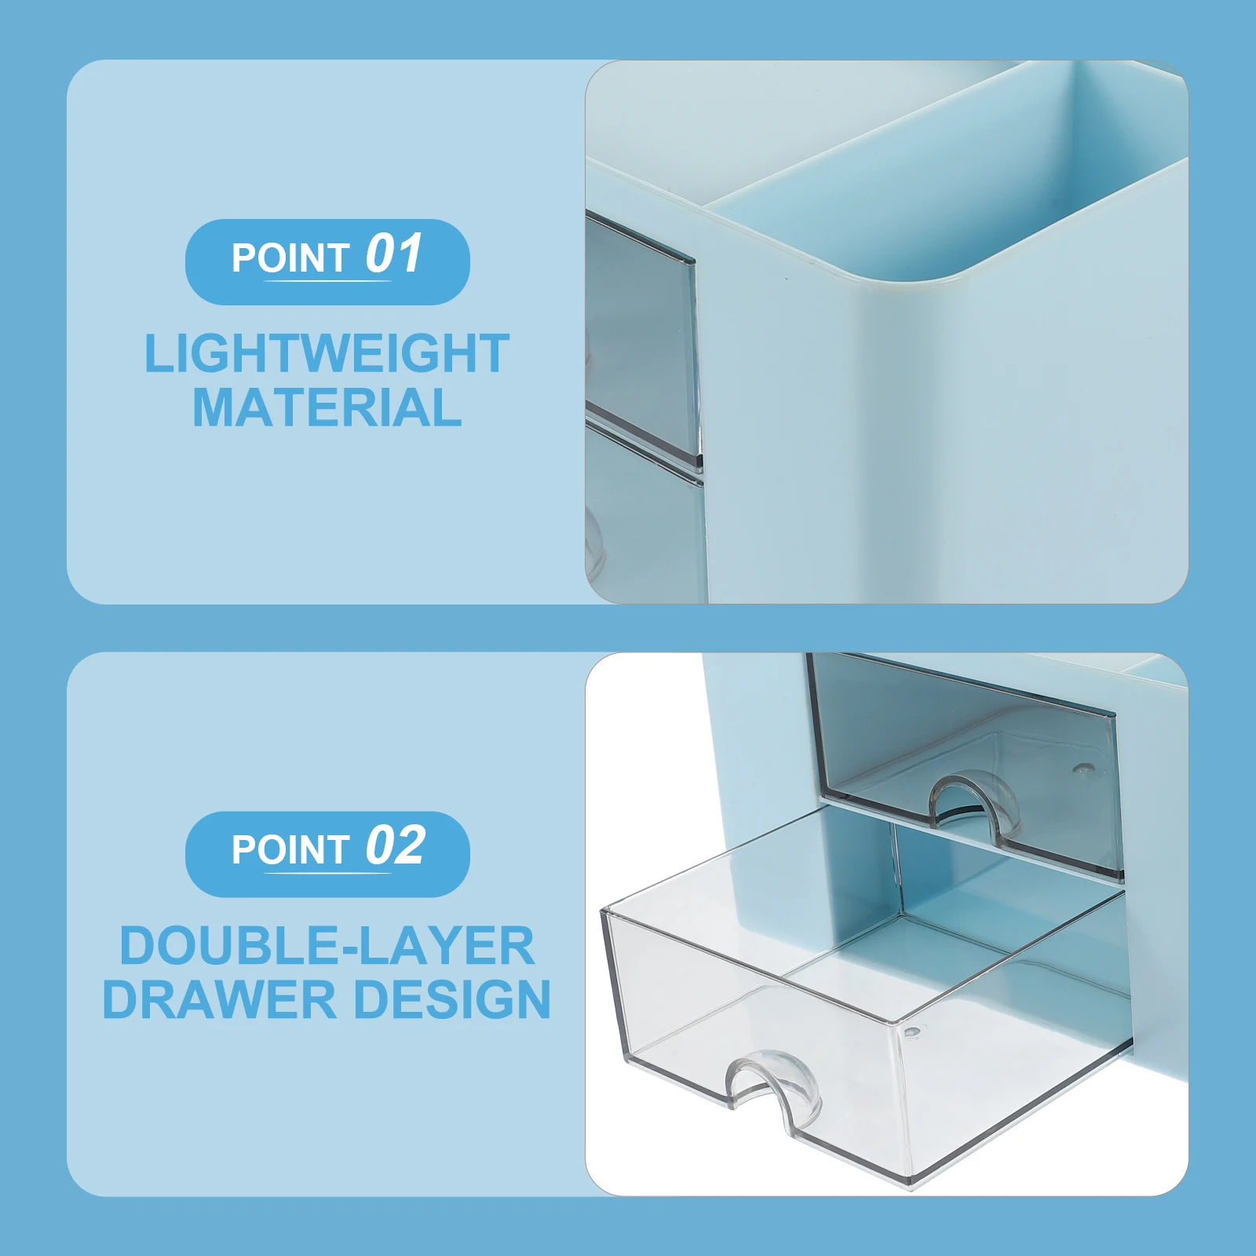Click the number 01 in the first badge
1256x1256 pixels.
point(394,254)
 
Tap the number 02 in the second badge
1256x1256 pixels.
point(396,846)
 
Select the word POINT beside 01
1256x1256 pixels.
point(290,258)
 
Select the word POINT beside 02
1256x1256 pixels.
point(290,850)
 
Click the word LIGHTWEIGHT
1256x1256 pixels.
point(327,354)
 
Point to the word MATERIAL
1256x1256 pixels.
point(327,408)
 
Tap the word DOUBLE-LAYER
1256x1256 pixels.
point(327,946)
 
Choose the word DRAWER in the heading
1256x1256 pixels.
point(219,1000)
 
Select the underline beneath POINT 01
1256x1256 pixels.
point(327,280)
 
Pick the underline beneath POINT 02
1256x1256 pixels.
point(327,872)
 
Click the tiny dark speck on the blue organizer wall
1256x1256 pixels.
point(785,278)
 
